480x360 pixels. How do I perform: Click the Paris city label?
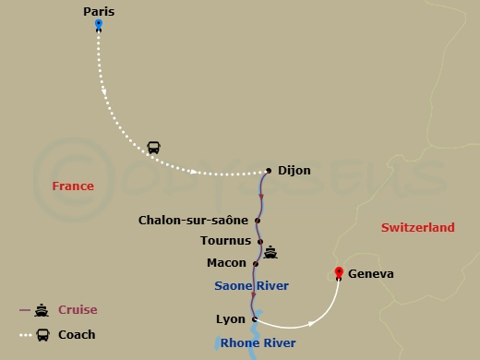click(x=99, y=12)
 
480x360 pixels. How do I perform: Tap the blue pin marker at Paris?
click(x=99, y=26)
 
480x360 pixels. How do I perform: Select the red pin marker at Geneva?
click(x=339, y=273)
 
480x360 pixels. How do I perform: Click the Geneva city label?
click(x=372, y=274)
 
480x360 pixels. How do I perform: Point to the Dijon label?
click(x=294, y=171)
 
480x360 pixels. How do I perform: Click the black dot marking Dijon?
click(x=269, y=170)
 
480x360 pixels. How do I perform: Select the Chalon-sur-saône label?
click(x=193, y=221)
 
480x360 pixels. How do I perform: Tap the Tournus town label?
click(x=225, y=241)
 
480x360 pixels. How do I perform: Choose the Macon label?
click(x=226, y=263)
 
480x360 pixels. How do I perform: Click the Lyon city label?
click(x=230, y=319)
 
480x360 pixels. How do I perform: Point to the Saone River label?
click(x=251, y=286)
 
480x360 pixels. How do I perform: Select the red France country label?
click(x=73, y=186)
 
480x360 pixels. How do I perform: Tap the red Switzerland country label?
click(x=417, y=228)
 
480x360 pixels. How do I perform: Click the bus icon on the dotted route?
click(x=153, y=148)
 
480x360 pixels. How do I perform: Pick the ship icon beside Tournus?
click(x=270, y=251)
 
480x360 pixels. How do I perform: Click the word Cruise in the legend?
click(x=78, y=310)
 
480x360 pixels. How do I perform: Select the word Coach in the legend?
click(x=77, y=334)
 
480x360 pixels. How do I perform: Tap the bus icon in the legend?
click(x=42, y=334)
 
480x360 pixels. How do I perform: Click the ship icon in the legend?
click(x=42, y=310)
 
